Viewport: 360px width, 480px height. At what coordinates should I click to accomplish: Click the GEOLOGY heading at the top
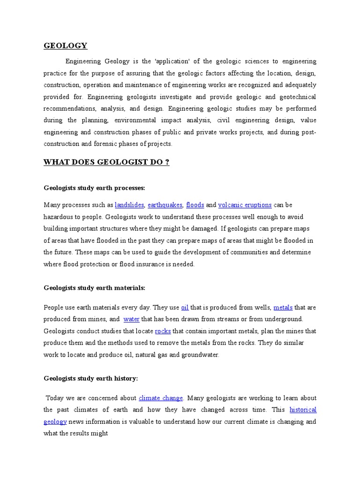coord(65,45)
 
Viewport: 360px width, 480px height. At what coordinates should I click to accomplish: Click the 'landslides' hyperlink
coord(129,205)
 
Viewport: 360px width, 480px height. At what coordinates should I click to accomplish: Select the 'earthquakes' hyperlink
coord(165,205)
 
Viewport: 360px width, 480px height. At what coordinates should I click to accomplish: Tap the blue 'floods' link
coord(195,205)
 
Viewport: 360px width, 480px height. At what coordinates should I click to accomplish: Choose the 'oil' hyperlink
coord(185,307)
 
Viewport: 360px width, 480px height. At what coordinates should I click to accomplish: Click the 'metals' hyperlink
coord(283,307)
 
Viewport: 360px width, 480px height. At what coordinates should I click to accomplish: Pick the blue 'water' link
coord(132,319)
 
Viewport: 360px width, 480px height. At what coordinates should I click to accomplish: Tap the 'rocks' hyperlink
coord(163,331)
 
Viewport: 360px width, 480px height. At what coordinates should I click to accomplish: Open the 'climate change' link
coord(161,398)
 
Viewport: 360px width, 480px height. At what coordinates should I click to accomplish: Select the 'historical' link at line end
coord(303,410)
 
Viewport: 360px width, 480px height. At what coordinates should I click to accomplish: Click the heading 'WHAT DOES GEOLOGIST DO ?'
coord(106,162)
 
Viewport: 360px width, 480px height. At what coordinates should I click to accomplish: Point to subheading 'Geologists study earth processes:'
coord(95,188)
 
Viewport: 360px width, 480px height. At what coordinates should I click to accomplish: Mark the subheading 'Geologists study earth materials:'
coord(94,287)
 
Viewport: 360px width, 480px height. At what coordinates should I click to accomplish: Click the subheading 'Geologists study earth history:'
coord(91,378)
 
